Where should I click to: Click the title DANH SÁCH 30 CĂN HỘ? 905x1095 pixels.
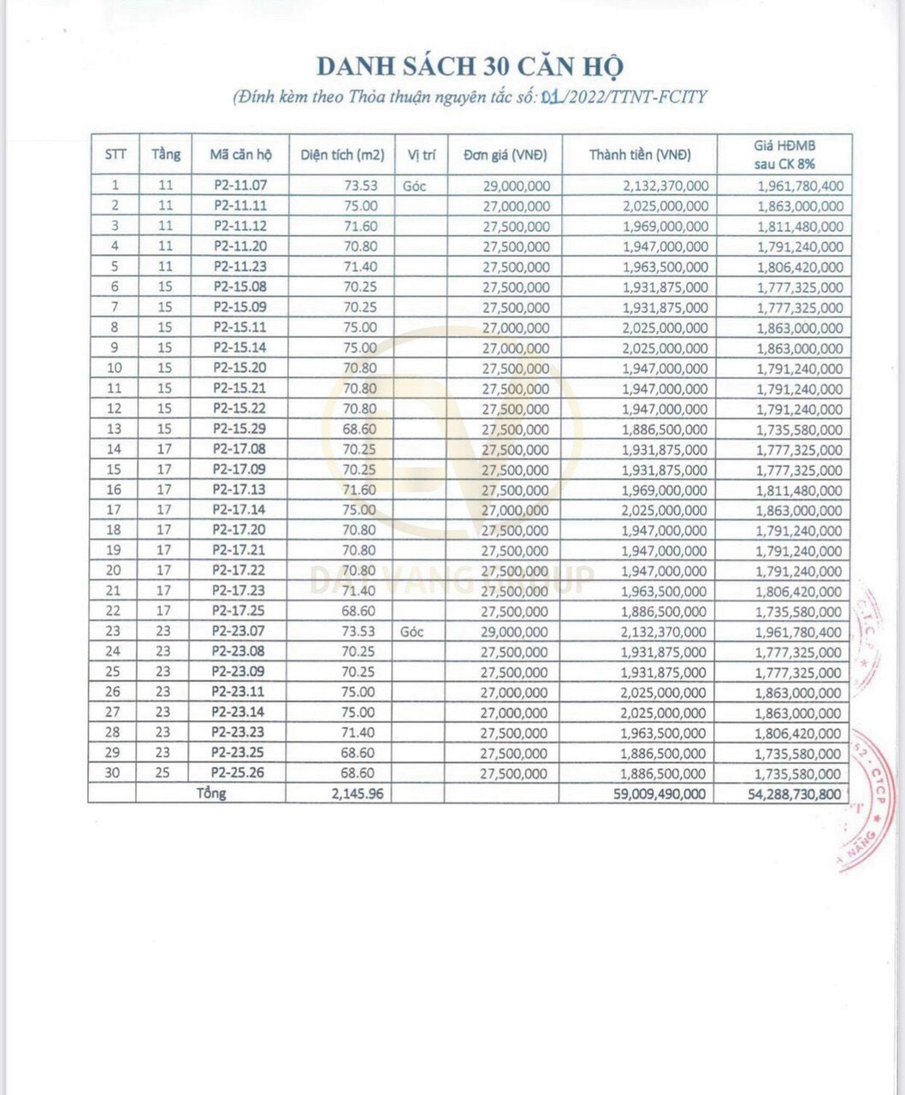[470, 67]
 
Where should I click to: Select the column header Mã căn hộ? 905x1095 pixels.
[240, 155]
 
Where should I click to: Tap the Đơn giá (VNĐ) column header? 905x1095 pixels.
[505, 155]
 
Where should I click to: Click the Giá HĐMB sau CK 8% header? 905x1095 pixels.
[784, 154]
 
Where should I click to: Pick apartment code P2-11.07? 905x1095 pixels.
[240, 185]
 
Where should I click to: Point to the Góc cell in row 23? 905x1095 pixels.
[413, 631]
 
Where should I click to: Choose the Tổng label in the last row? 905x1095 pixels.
[210, 793]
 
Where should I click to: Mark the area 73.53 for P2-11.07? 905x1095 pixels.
[360, 185]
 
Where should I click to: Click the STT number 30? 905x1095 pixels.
[113, 773]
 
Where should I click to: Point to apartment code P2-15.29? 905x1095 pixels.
[240, 429]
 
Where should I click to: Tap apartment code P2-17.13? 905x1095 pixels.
[240, 489]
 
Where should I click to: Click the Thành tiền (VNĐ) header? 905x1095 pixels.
[639, 155]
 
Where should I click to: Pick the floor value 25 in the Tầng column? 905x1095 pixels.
[163, 773]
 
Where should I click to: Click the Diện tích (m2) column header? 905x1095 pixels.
[342, 155]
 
